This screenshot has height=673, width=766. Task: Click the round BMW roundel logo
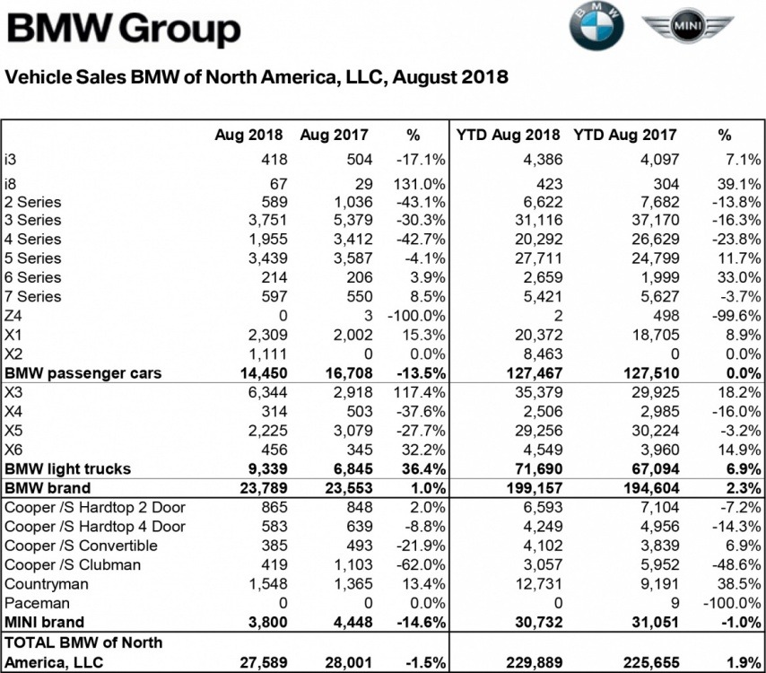click(596, 30)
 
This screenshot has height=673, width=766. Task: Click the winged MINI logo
click(687, 30)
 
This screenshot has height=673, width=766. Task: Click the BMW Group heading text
click(124, 31)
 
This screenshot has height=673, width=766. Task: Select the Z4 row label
click(13, 315)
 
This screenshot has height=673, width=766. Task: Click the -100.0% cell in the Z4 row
click(414, 315)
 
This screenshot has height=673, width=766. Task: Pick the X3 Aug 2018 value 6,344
click(266, 391)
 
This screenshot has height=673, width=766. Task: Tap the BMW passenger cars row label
click(83, 372)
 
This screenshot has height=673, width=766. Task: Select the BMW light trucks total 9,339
click(265, 468)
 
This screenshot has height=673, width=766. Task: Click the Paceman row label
click(38, 603)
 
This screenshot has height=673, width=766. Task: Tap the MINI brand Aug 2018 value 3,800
click(265, 622)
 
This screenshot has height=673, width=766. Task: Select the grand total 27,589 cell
click(261, 661)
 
